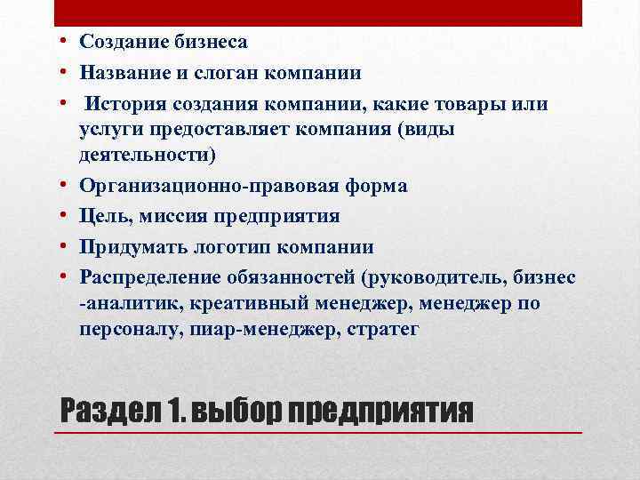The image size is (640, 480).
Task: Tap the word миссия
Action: (x=185, y=216)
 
